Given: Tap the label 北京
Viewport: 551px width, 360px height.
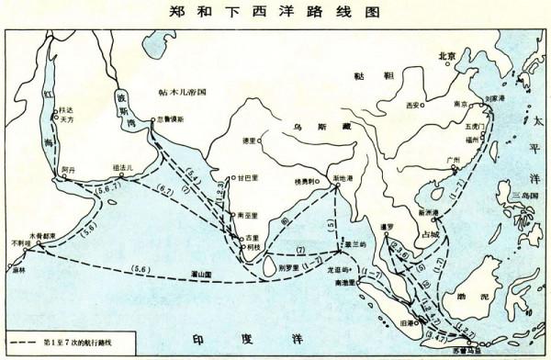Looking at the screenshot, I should pyautogui.click(x=447, y=56).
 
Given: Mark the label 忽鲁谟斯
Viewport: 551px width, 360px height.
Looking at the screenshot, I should pyautogui.click(x=171, y=119).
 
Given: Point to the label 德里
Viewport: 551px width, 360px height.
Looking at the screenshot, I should pyautogui.click(x=245, y=141).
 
